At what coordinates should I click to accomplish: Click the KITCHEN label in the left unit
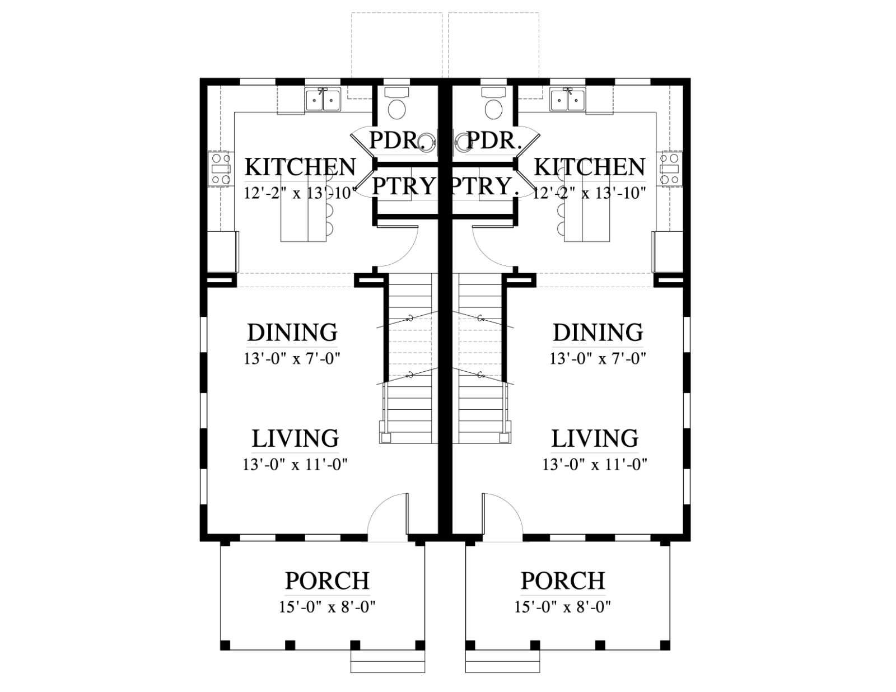[300, 167]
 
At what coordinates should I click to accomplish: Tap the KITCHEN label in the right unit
[590, 167]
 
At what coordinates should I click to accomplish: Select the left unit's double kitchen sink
[323, 99]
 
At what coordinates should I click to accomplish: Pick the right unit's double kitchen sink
[567, 99]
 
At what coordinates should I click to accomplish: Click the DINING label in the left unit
[292, 332]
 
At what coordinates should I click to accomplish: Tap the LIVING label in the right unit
[595, 438]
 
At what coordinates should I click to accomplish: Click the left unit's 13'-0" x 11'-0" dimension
[295, 465]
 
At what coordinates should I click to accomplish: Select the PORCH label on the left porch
[328, 581]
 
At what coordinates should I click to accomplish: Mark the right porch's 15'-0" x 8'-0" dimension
[562, 607]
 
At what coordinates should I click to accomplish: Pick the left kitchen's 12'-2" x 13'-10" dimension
[300, 193]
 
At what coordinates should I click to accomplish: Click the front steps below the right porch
[503, 662]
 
